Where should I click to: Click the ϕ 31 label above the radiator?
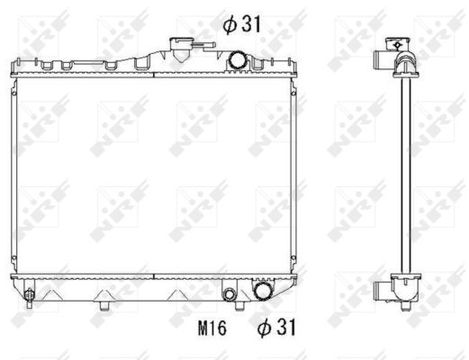(242, 23)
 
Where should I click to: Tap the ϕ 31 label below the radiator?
(276, 327)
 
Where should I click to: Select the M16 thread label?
(212, 328)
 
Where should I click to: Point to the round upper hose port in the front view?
(237, 61)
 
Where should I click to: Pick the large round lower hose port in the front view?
(263, 291)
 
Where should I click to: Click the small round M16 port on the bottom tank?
(230, 294)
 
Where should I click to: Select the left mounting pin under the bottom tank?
(104, 305)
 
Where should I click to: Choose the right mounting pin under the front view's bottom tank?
(239, 305)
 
